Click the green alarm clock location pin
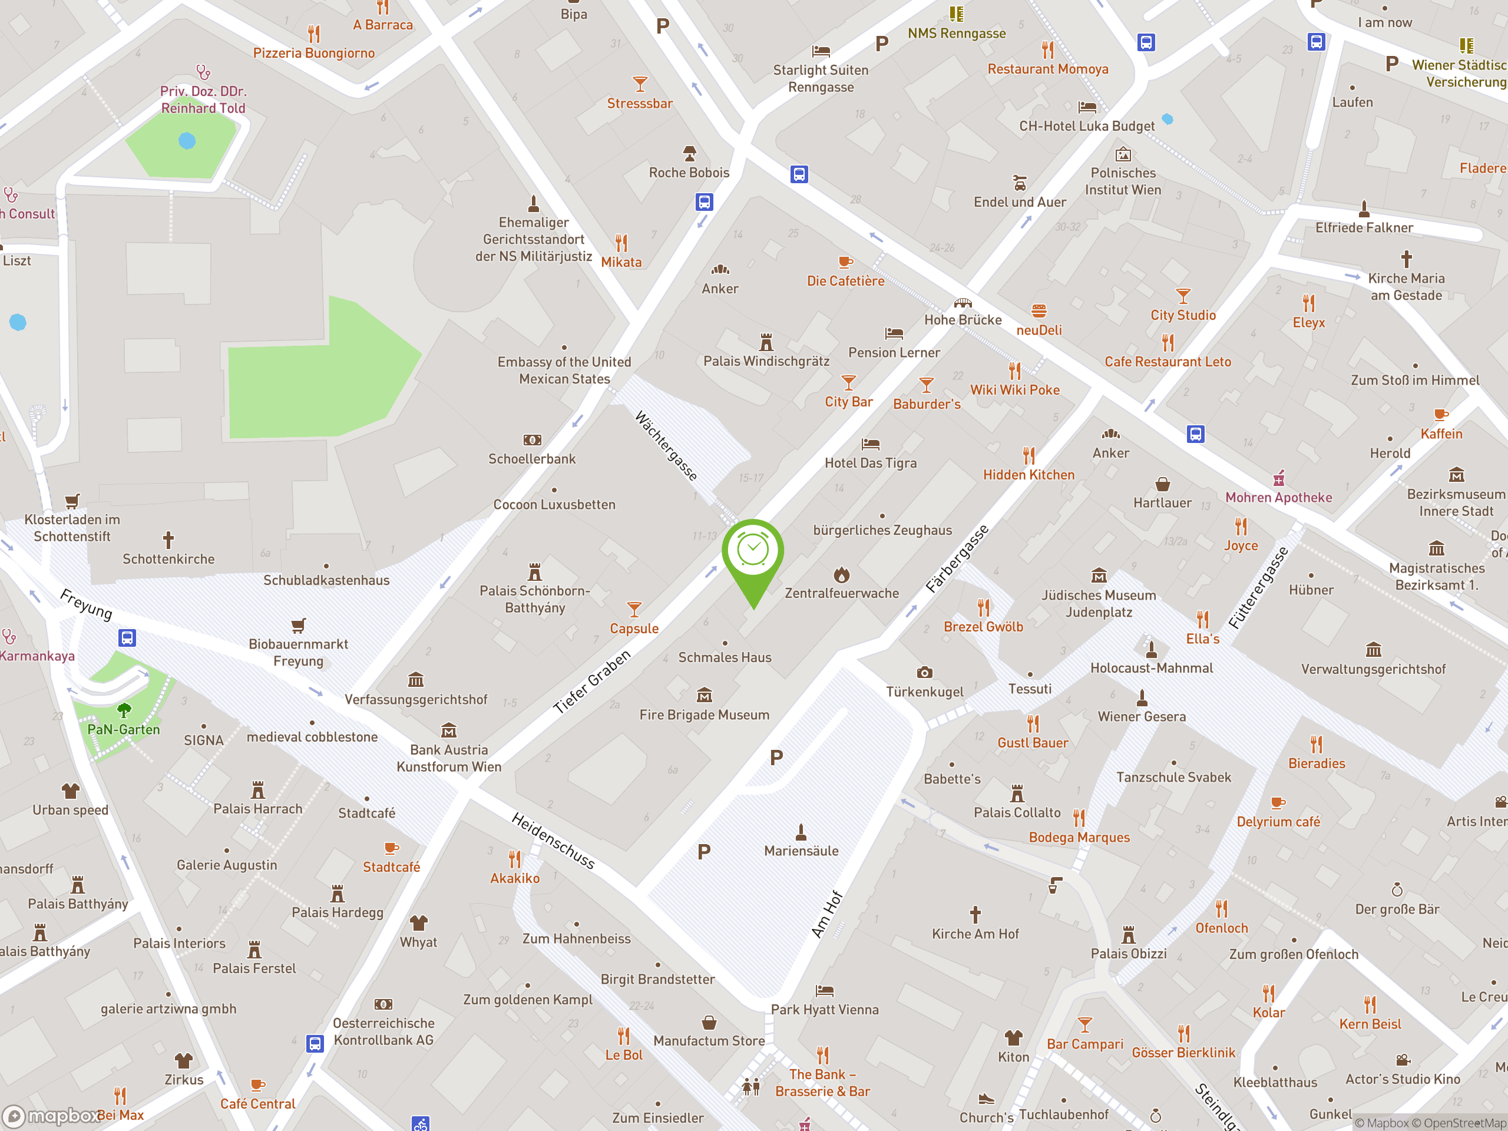point(753,552)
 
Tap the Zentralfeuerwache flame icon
point(842,575)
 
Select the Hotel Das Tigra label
point(871,463)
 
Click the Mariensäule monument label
point(801,851)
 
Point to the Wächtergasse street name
point(666,445)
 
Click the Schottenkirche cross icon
point(168,541)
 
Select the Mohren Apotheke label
point(1278,498)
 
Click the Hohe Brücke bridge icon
point(963,303)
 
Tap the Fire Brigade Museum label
point(705,715)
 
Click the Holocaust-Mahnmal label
point(1152,668)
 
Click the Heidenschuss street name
point(553,841)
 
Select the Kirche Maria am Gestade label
point(1406,287)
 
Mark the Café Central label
point(257,1104)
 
